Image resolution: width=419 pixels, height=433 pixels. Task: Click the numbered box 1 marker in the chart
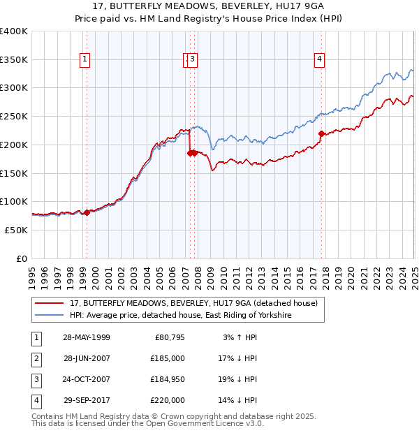coord(84,60)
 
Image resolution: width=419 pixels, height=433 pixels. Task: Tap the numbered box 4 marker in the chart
coord(319,60)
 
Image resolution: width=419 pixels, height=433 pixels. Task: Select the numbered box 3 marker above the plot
coord(192,60)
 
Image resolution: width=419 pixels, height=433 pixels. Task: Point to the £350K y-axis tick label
coord(14,60)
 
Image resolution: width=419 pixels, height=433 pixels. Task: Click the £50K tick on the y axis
coord(16,230)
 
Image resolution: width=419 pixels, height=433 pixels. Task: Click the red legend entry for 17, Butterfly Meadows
coord(194,303)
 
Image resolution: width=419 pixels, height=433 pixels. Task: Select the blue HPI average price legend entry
coord(179,316)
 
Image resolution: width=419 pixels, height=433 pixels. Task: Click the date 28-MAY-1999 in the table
coord(87,337)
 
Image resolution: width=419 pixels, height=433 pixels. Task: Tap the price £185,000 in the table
coord(168,358)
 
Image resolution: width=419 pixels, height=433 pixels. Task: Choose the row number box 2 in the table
coord(35,358)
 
